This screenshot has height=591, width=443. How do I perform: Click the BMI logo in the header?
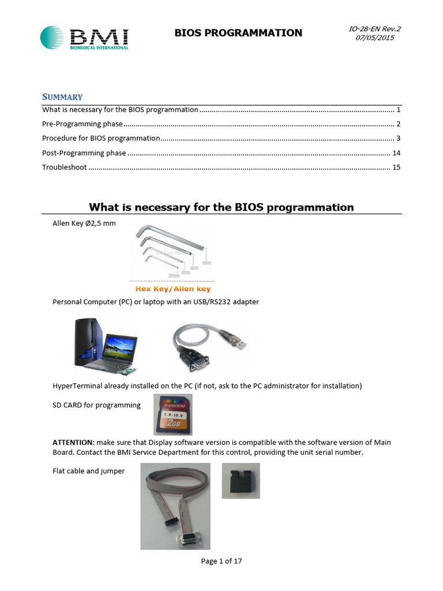pyautogui.click(x=84, y=38)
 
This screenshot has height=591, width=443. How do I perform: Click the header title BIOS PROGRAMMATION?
pyautogui.click(x=238, y=33)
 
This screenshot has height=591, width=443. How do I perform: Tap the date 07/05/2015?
pyautogui.click(x=380, y=38)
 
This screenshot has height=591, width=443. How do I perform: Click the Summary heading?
pyautogui.click(x=62, y=97)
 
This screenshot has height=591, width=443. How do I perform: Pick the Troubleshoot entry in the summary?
pyautogui.click(x=65, y=167)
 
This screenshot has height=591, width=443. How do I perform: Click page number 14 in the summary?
pyautogui.click(x=396, y=153)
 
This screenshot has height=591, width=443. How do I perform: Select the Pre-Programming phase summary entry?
pyautogui.click(x=82, y=124)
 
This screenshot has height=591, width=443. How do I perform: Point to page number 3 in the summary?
pyautogui.click(x=398, y=139)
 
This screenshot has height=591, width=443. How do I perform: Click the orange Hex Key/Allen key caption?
pyautogui.click(x=172, y=289)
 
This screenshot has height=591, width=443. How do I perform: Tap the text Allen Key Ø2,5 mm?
pyautogui.click(x=84, y=223)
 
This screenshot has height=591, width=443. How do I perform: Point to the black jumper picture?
pyautogui.click(x=241, y=480)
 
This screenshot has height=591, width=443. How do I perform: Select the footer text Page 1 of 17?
pyautogui.click(x=221, y=561)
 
